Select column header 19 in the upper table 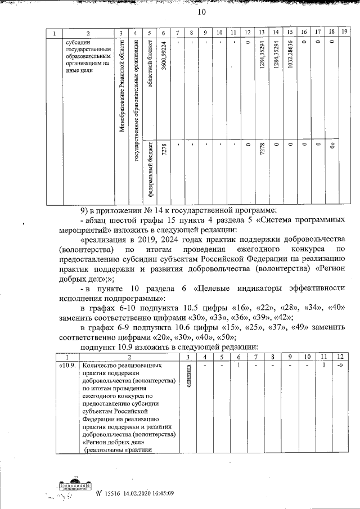tap(345, 33)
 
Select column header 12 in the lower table tap(340, 357)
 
